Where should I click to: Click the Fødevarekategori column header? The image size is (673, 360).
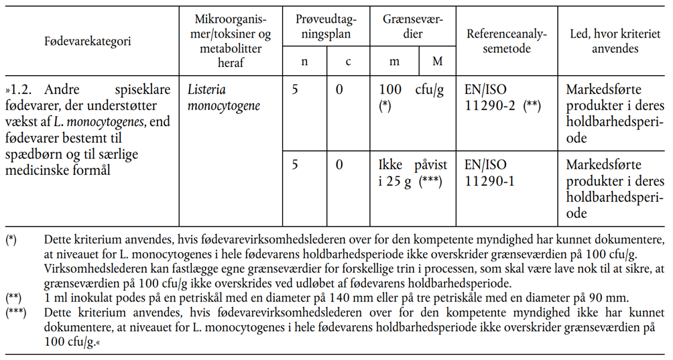(x=88, y=41)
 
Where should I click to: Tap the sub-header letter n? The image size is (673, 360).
(x=304, y=62)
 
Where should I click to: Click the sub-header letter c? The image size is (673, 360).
(x=348, y=62)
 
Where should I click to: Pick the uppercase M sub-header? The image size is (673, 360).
(x=437, y=62)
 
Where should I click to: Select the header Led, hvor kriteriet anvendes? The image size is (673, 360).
(x=612, y=41)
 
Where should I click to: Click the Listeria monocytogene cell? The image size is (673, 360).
(x=225, y=97)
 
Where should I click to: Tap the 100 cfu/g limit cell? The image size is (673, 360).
(x=411, y=97)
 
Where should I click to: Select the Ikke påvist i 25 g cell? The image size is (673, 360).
(x=411, y=172)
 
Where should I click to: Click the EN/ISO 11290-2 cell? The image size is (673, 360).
(x=502, y=97)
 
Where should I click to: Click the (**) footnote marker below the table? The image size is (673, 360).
(x=13, y=296)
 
